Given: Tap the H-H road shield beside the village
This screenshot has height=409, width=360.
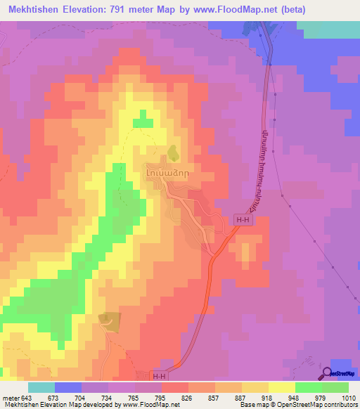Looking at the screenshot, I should tap(243, 221).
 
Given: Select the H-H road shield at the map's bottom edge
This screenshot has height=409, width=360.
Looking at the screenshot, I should tap(160, 377).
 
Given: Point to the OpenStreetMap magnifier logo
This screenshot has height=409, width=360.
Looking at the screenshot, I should tap(328, 373).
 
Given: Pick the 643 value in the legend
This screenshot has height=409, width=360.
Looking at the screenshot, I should tap(27, 398).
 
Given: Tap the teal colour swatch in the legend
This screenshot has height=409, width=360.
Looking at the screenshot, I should tap(41, 388).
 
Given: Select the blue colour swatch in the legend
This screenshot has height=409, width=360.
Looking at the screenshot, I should tap(67, 388).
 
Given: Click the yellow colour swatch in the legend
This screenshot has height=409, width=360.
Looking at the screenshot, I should tap(281, 388).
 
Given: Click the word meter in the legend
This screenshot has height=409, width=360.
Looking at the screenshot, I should tap(11, 398).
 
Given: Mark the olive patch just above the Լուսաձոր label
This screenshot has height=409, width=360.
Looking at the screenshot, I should tap(172, 151).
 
